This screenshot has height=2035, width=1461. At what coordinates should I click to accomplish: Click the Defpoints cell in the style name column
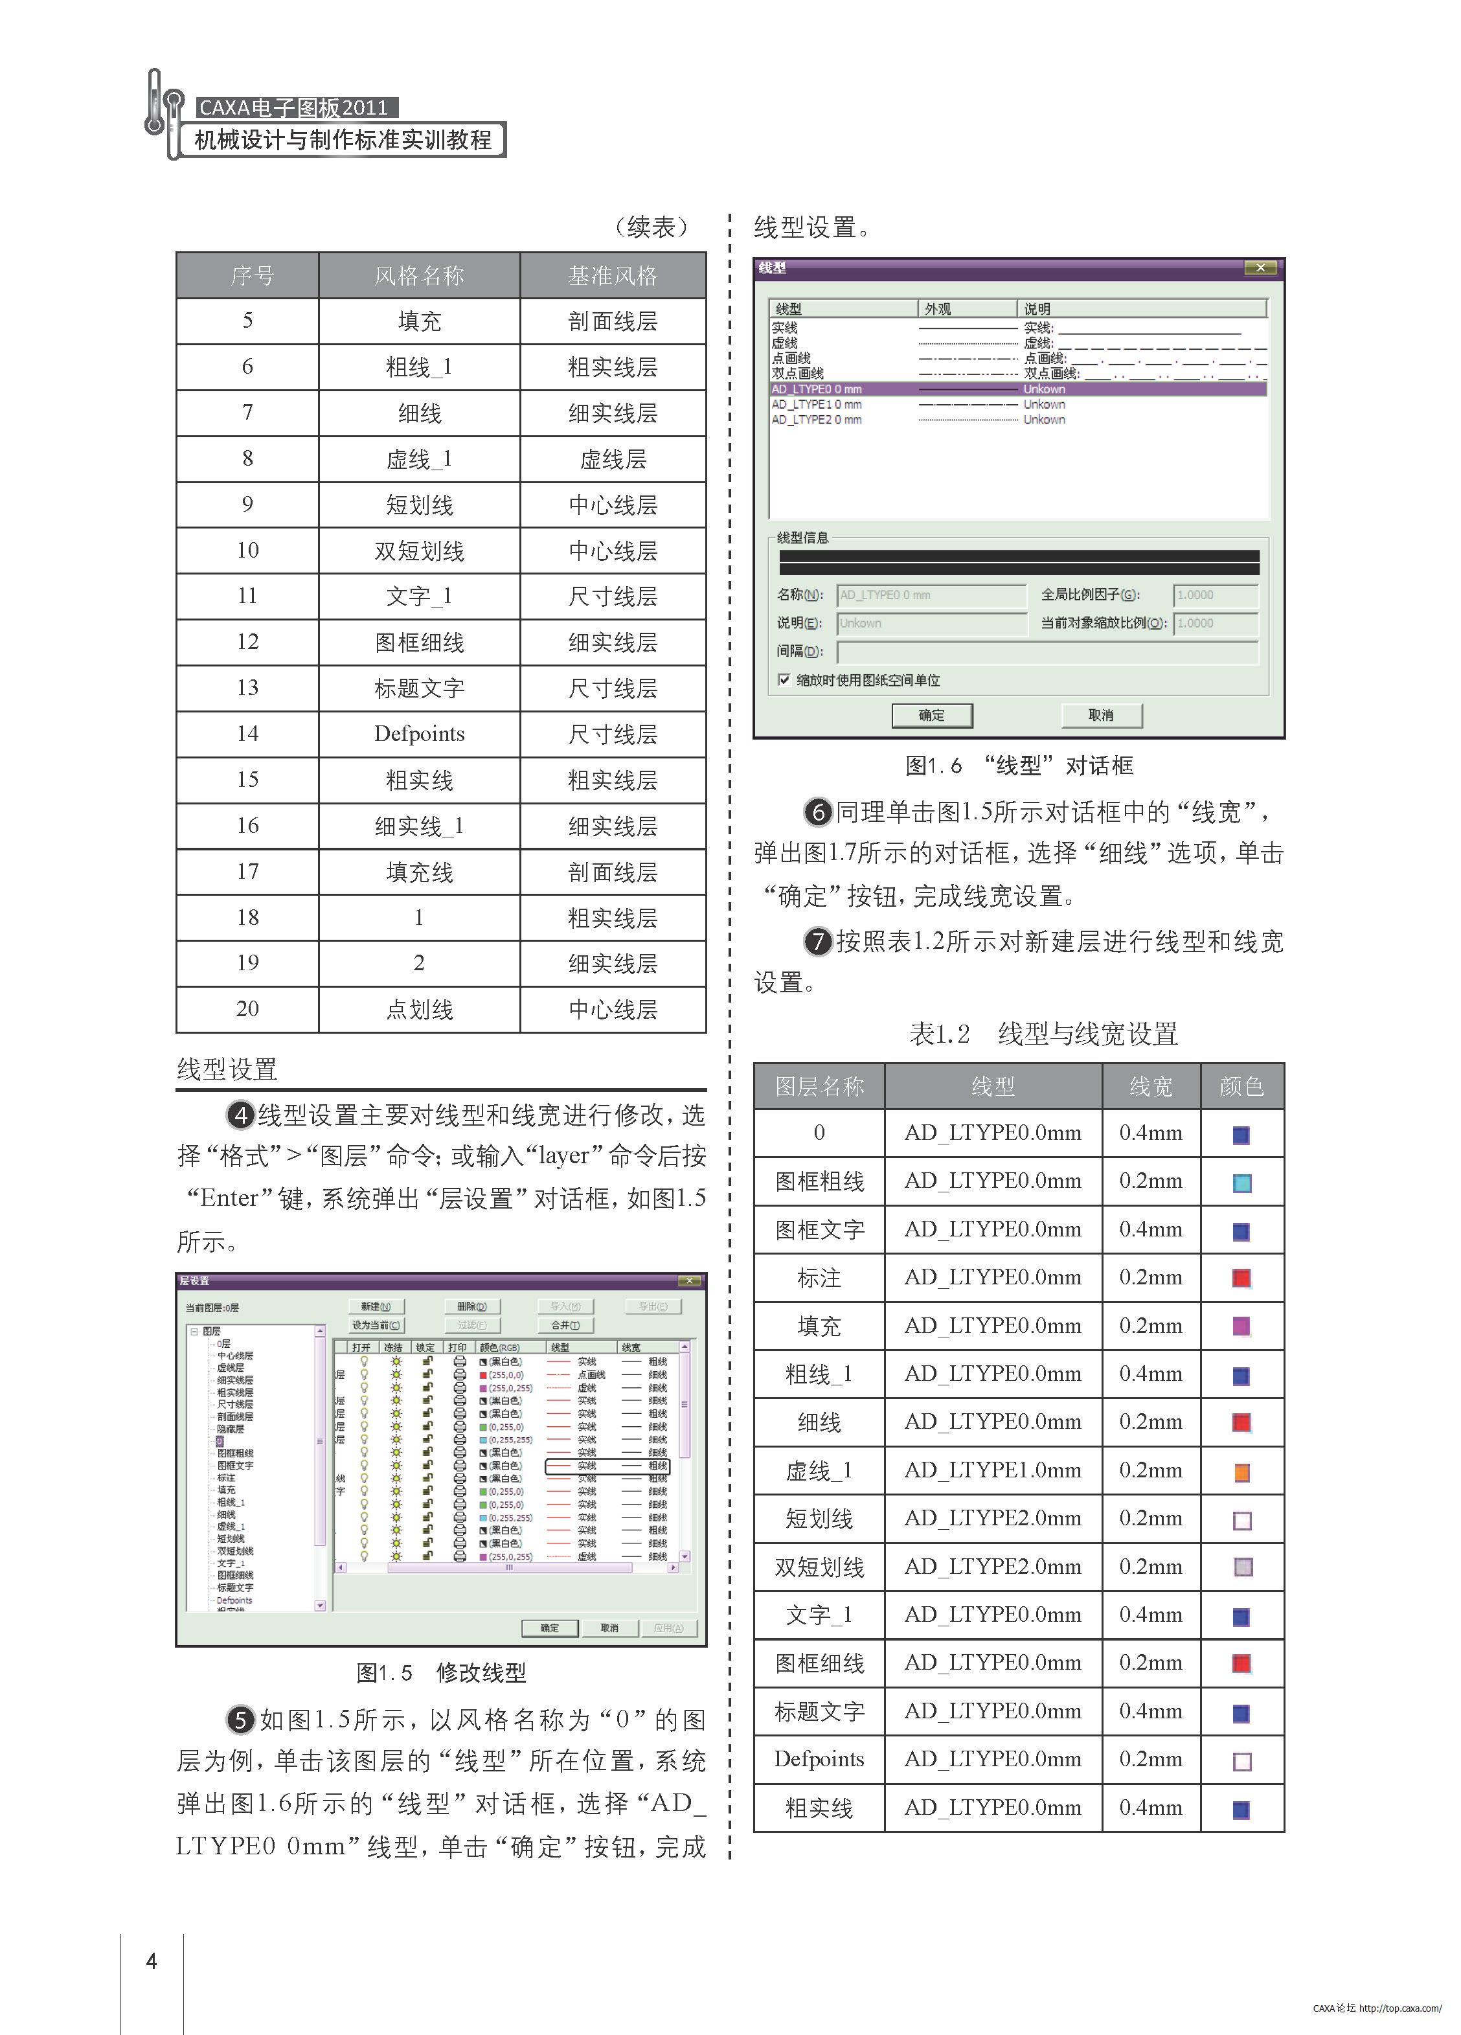(419, 733)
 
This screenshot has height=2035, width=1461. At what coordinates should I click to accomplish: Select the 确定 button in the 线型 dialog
(931, 715)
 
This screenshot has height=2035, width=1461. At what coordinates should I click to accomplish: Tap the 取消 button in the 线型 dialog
(1100, 715)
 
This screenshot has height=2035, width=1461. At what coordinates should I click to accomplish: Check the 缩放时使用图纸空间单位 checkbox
(784, 680)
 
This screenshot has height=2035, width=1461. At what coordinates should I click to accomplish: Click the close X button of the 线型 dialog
(1260, 267)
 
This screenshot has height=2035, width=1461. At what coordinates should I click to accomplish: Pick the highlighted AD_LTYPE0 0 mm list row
(1017, 389)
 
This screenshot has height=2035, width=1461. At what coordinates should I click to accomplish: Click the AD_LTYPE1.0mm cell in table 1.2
(993, 1470)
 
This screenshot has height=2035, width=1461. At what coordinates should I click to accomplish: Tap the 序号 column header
(247, 275)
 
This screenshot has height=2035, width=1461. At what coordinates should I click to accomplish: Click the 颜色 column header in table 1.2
(1241, 1087)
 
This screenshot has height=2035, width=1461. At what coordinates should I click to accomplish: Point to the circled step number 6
(817, 813)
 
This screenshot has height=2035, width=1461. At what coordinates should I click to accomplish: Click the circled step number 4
(240, 1115)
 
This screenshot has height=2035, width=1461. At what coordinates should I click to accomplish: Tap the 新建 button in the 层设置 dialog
(376, 1306)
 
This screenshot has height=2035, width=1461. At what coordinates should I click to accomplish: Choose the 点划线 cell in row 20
(419, 1010)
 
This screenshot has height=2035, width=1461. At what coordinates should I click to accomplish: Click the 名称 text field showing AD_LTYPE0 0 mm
(931, 595)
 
